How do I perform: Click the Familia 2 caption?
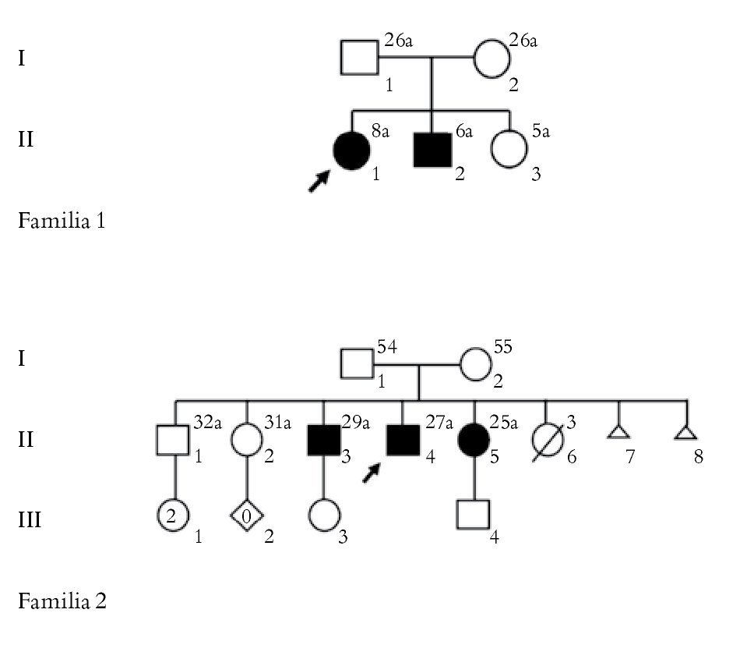62,601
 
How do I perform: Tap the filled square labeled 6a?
432,150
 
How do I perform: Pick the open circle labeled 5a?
510,150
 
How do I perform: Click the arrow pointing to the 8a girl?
319,181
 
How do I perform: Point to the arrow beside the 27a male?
374,470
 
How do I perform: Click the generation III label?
29,519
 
